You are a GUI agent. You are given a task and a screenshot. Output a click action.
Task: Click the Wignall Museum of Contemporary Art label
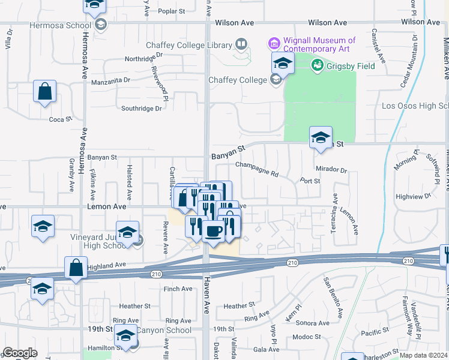coord(319,45)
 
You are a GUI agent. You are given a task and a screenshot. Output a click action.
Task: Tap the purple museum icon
coord(274,43)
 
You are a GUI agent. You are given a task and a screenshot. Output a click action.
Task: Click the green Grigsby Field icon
coord(318,64)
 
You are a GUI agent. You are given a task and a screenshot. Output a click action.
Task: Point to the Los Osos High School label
coord(415,106)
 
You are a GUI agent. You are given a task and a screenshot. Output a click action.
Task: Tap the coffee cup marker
coord(212,231)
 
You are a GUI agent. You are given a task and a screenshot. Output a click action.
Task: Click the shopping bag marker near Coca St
coord(45,92)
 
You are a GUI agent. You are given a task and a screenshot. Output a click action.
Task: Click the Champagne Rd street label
coord(257,169)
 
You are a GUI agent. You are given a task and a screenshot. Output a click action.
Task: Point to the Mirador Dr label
coord(331,170)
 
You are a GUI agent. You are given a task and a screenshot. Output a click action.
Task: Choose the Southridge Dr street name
coord(141,109)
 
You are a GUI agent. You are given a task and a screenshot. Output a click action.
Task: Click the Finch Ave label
coord(178,289)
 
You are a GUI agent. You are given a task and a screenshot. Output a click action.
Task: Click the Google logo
coord(20,353)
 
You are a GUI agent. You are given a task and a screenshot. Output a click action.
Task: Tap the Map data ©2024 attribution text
coord(424,355)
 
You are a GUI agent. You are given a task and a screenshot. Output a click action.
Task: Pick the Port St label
coord(310,181)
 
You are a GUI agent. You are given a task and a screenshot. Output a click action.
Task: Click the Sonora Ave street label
coord(314,323)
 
